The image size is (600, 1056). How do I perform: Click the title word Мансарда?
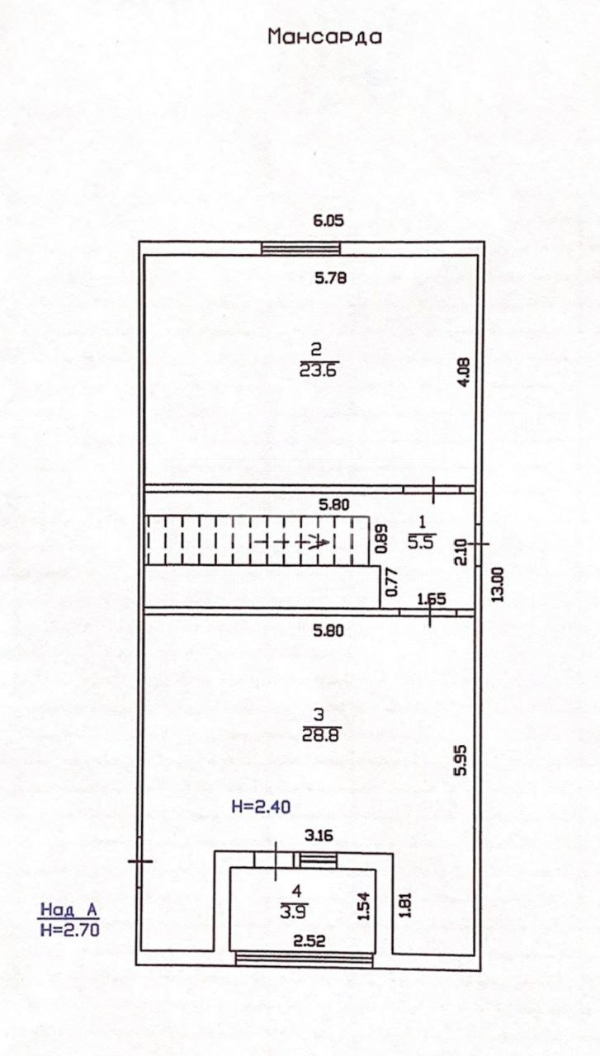[324, 37]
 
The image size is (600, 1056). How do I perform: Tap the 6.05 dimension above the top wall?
[328, 220]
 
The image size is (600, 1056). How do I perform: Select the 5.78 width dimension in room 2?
[331, 278]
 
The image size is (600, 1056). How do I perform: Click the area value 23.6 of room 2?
[319, 370]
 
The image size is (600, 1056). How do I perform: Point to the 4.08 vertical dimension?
[465, 372]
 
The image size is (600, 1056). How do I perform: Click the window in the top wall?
[301, 248]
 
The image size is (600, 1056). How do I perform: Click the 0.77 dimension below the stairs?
[391, 583]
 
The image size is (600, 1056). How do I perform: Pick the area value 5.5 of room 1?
[422, 542]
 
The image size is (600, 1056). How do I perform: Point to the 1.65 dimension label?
[432, 599]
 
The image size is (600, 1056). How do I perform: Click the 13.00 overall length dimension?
[498, 585]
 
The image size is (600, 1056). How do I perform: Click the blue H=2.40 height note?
[261, 807]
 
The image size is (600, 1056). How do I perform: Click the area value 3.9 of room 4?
[294, 912]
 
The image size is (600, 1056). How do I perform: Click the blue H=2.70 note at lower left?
[70, 930]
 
